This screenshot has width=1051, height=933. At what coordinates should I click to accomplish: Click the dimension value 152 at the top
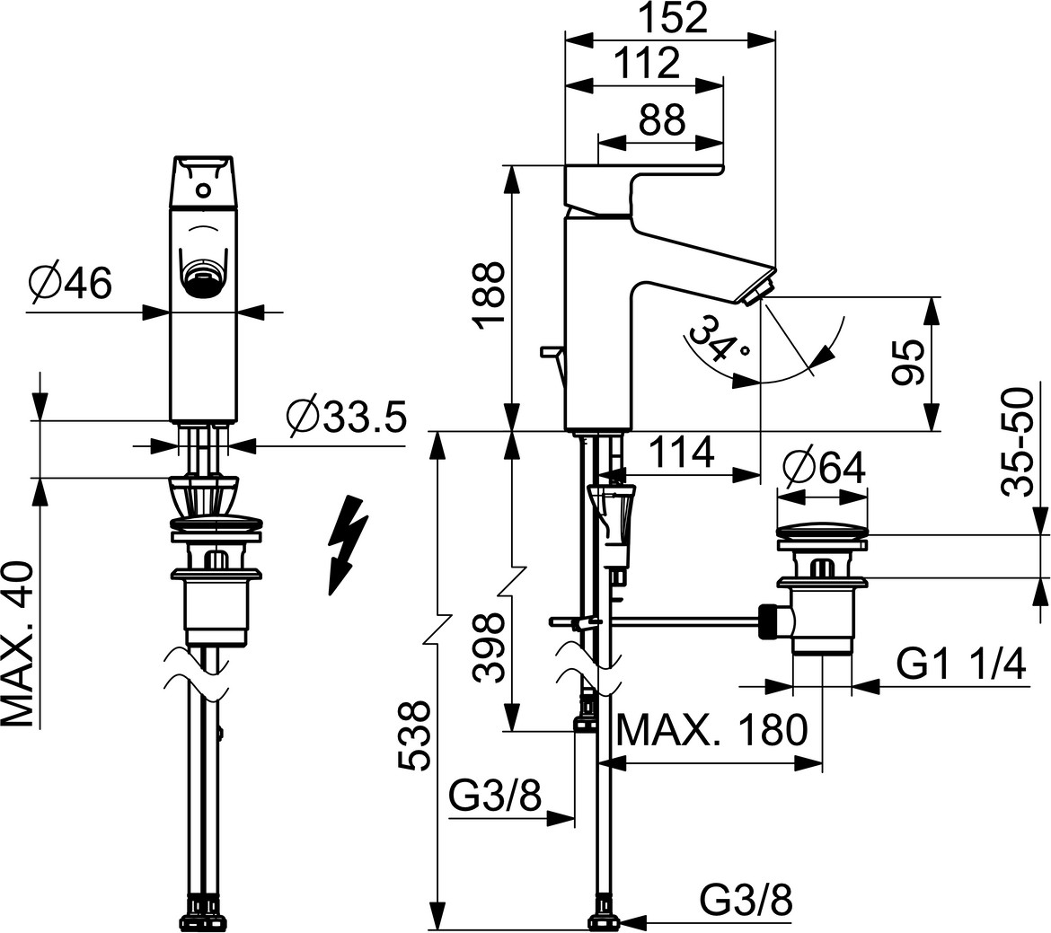click(x=675, y=18)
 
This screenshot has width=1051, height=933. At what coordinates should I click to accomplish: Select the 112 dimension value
click(x=646, y=65)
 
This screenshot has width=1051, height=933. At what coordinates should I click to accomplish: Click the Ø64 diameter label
click(x=823, y=468)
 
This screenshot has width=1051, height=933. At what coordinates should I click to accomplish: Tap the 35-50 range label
click(x=1017, y=441)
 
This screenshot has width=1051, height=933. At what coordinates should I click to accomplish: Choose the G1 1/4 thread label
click(x=961, y=665)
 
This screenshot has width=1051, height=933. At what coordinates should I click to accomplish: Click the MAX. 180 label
click(x=711, y=731)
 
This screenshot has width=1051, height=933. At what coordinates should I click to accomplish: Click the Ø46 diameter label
click(x=70, y=284)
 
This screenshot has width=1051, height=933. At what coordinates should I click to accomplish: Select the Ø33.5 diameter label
click(x=346, y=417)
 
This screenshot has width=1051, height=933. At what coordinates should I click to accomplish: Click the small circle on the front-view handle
click(x=204, y=190)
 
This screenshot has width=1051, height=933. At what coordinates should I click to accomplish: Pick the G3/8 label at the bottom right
click(x=746, y=901)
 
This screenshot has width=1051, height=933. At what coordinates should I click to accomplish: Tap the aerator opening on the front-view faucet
click(x=204, y=275)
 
